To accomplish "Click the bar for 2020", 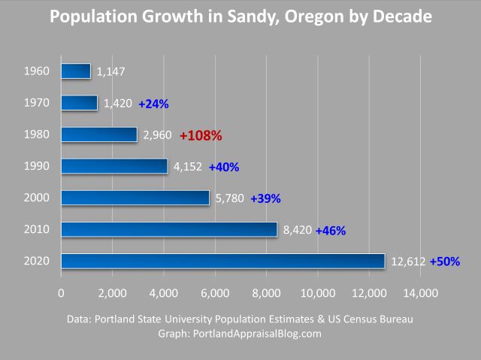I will click(222, 262).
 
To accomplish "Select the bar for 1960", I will click(75, 71).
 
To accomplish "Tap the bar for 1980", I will click(99, 135).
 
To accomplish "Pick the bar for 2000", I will click(135, 198).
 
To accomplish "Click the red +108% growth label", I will click(201, 135).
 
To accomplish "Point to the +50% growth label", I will click(444, 262).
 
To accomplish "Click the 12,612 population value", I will click(408, 262).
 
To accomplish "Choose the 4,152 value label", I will click(187, 167).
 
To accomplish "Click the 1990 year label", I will click(37, 166).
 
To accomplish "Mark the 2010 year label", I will click(37, 229).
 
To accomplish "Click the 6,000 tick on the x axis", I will click(215, 292).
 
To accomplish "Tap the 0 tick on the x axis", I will click(61, 292).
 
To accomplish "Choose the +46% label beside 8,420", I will click(331, 231).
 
